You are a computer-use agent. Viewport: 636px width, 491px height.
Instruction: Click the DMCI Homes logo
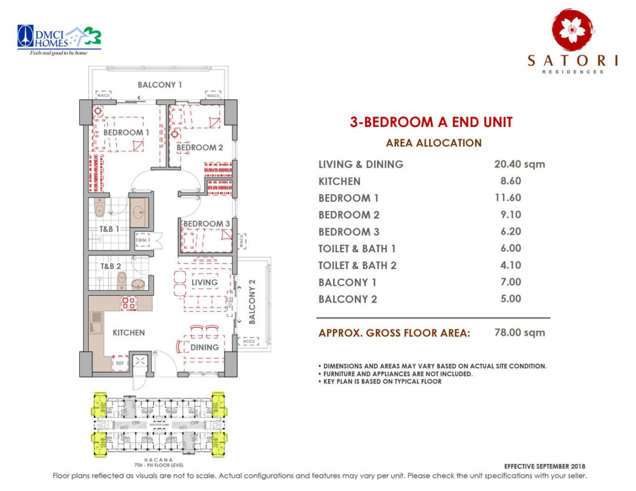click(x=59, y=38)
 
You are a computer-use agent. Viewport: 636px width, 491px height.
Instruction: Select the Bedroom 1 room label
click(x=126, y=132)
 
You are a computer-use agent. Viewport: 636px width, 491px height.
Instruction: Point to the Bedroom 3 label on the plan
click(x=206, y=224)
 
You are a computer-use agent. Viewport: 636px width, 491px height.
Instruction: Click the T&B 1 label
click(x=109, y=229)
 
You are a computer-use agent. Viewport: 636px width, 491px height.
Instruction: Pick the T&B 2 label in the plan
click(x=110, y=266)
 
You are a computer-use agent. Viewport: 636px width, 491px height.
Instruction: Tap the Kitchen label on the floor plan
click(x=128, y=333)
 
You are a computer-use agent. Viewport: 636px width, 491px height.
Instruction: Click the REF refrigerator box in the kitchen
click(x=121, y=363)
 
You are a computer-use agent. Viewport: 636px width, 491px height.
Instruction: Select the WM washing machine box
click(x=142, y=241)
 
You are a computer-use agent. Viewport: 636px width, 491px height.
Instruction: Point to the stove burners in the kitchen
click(x=129, y=303)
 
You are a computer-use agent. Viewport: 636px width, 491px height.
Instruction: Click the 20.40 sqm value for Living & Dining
click(x=519, y=164)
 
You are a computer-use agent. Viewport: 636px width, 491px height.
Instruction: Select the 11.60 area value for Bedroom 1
click(x=508, y=198)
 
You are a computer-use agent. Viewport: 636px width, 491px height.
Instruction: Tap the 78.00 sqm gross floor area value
click(x=519, y=333)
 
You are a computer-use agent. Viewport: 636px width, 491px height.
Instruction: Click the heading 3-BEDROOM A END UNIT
click(x=431, y=122)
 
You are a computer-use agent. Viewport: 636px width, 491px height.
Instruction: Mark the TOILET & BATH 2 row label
click(x=357, y=266)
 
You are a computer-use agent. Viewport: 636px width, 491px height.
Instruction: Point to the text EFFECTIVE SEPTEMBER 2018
click(x=546, y=466)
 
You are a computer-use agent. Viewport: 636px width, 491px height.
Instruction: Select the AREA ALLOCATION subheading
click(x=433, y=143)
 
